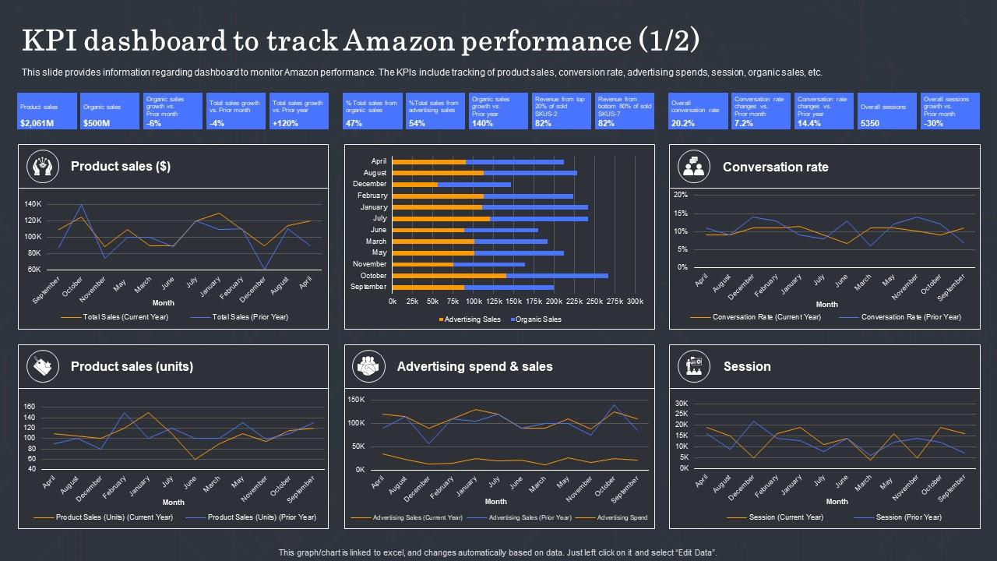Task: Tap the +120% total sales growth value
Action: click(284, 123)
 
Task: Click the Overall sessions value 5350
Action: click(870, 123)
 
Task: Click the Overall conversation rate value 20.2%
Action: click(683, 123)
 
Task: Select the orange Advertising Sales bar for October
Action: click(449, 276)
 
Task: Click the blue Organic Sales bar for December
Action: click(474, 185)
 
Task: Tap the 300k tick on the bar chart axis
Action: click(635, 301)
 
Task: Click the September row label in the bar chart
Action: click(369, 287)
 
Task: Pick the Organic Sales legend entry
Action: click(536, 319)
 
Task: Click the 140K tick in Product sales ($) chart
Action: click(33, 204)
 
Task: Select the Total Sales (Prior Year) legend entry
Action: click(249, 317)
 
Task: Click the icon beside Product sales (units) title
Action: click(42, 366)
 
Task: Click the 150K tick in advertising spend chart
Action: click(356, 400)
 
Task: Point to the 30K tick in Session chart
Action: click(682, 404)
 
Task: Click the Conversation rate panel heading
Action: click(775, 167)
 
